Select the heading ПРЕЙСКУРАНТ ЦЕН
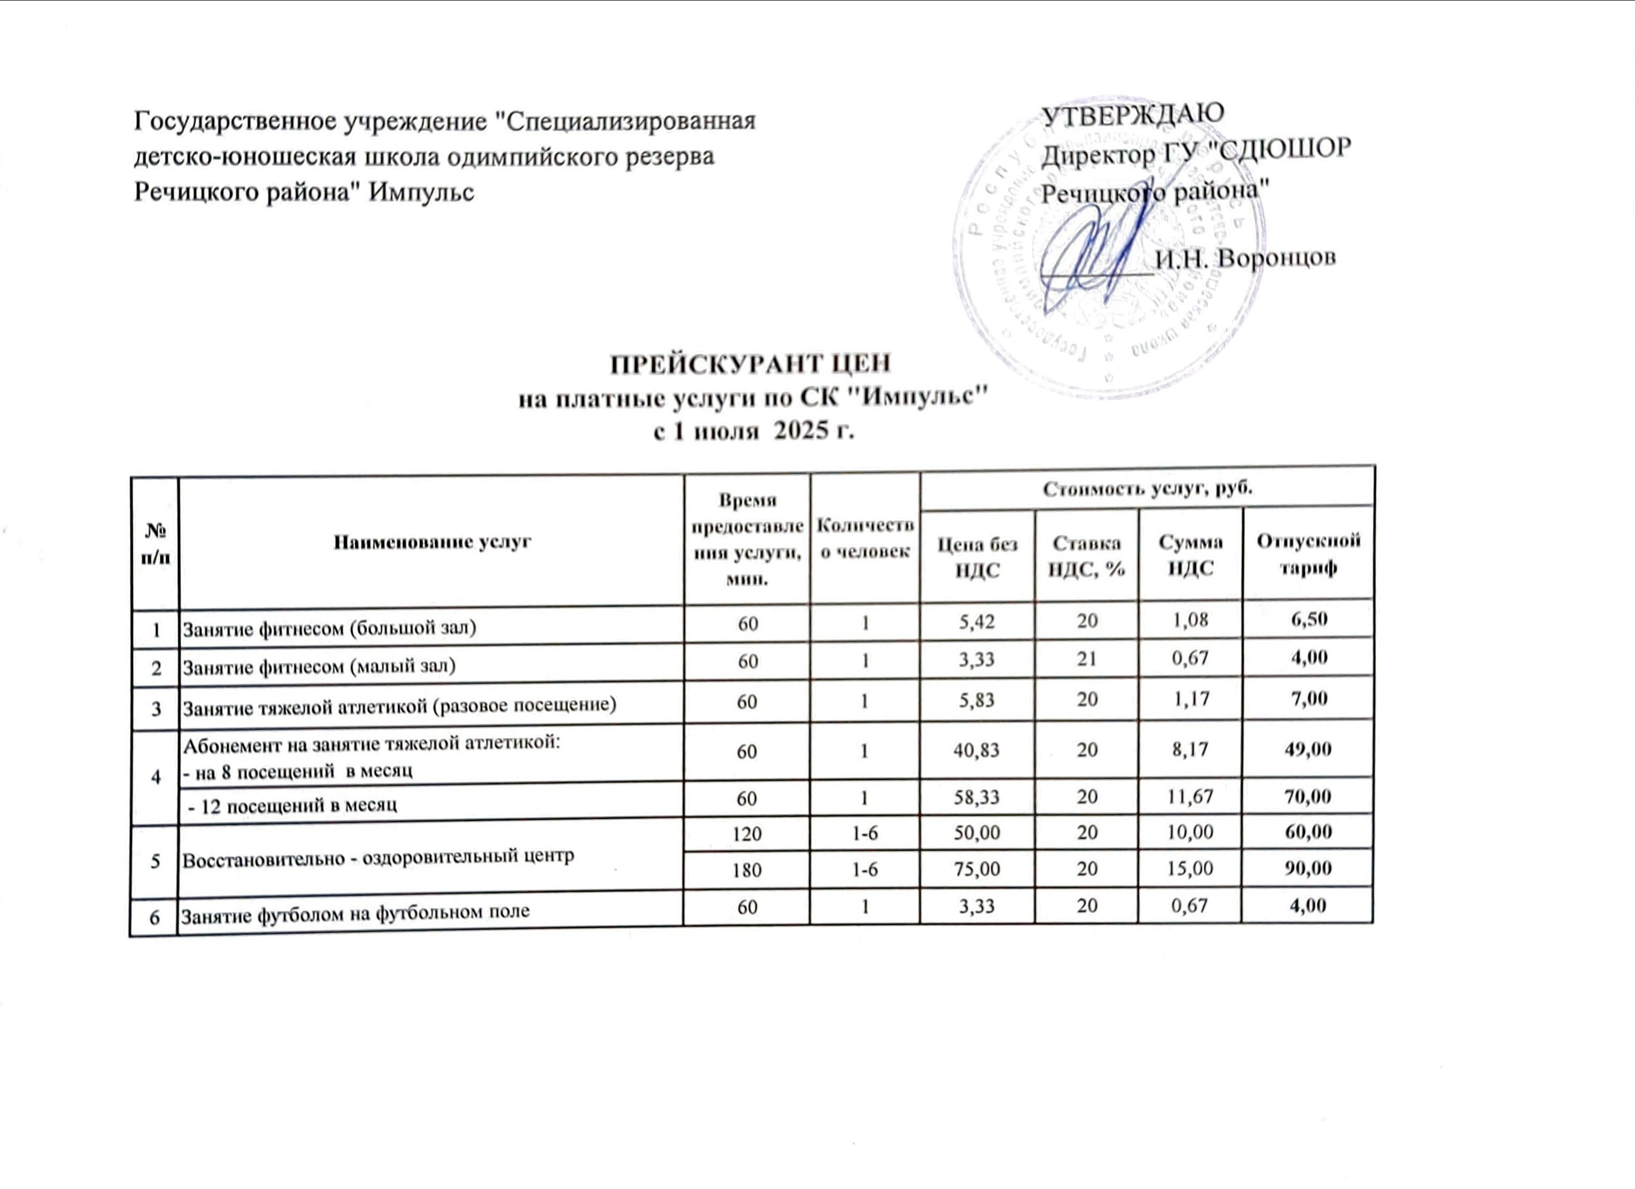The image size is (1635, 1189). [x=750, y=364]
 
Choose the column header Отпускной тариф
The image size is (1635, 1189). [x=1309, y=554]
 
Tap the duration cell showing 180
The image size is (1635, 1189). [x=747, y=870]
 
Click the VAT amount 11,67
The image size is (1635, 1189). [x=1190, y=796]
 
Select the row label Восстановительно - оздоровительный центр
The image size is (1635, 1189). [x=378, y=857]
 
